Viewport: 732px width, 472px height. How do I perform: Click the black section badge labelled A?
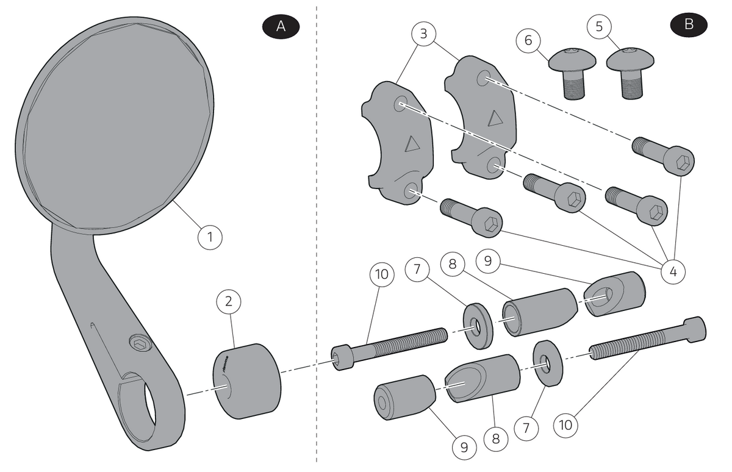pyautogui.click(x=281, y=26)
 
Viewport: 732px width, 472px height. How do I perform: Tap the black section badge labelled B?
pyautogui.click(x=689, y=25)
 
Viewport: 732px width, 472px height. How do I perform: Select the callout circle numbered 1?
pyautogui.click(x=210, y=237)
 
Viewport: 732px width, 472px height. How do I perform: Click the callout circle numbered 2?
pyautogui.click(x=229, y=301)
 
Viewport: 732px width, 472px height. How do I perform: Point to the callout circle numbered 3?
pyautogui.click(x=423, y=34)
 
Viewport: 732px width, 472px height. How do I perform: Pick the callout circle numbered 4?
pyautogui.click(x=673, y=272)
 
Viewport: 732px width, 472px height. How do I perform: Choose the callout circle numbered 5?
pyautogui.click(x=599, y=26)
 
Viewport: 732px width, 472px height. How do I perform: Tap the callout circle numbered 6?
pyautogui.click(x=528, y=40)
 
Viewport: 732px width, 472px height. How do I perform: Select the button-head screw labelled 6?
pyautogui.click(x=573, y=74)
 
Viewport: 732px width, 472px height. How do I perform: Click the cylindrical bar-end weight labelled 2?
pyautogui.click(x=246, y=381)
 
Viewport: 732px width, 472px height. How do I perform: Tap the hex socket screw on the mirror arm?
pyautogui.click(x=140, y=343)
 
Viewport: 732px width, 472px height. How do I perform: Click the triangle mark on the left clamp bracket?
pyautogui.click(x=412, y=144)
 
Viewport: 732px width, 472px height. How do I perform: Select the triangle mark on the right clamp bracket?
pyautogui.click(x=495, y=118)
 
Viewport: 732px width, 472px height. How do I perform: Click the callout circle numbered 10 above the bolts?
pyautogui.click(x=382, y=274)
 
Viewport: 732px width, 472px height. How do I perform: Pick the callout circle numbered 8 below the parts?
pyautogui.click(x=496, y=439)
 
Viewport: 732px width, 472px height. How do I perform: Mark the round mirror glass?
pyautogui.click(x=115, y=126)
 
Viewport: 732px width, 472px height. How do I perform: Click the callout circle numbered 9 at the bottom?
pyautogui.click(x=464, y=447)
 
